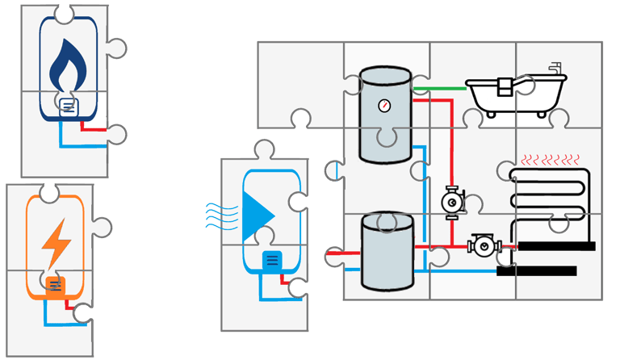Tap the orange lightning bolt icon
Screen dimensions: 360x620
coord(56,242)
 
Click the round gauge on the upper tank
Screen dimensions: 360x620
coord(383,106)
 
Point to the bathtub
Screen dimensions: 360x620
coord(517,94)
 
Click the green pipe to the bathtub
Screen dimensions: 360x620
coord(440,87)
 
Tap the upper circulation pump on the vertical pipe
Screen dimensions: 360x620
coord(450,200)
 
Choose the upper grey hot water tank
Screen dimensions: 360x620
coord(386,115)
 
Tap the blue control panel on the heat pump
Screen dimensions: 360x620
coord(272,261)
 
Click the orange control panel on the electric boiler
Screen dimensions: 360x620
coord(55,285)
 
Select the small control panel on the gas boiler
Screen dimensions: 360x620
coord(69,106)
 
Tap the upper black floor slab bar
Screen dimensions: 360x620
coord(556,245)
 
